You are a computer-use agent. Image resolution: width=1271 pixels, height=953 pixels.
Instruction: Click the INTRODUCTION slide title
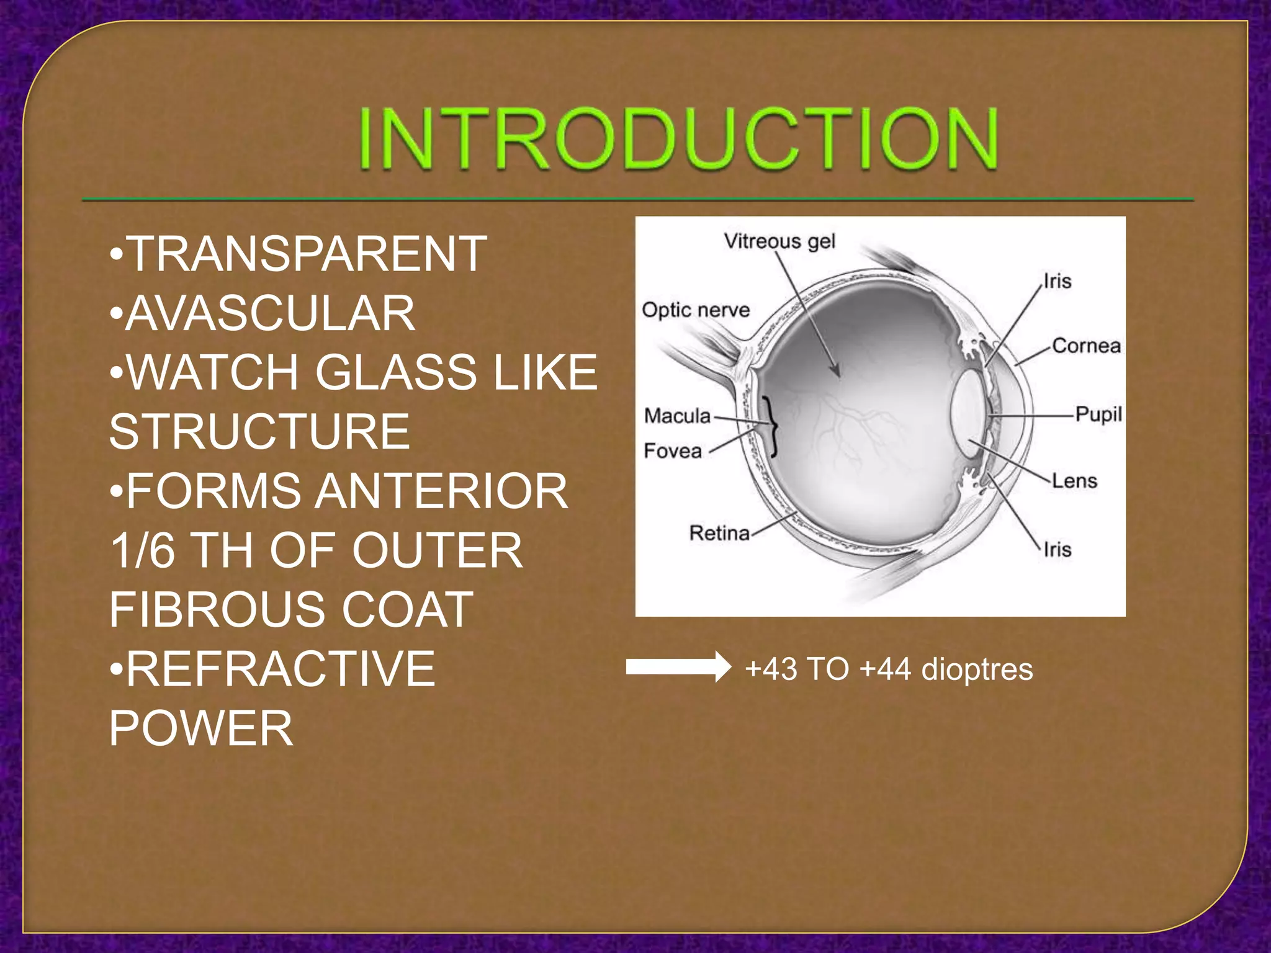[678, 139]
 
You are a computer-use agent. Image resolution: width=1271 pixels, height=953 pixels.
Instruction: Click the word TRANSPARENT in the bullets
[307, 254]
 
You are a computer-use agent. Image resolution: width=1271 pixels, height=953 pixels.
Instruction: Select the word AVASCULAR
[270, 313]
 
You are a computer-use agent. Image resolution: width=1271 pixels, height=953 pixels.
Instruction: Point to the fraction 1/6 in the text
[142, 550]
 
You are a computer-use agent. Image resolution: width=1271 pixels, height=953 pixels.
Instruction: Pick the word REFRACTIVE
[280, 669]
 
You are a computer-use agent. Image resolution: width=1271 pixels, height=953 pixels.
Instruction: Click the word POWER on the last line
[200, 728]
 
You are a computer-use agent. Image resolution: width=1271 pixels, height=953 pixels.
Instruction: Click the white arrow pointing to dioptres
[678, 667]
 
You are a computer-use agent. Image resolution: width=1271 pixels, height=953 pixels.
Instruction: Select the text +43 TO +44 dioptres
[888, 669]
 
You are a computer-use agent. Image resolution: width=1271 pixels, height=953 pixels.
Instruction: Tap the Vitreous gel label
[779, 241]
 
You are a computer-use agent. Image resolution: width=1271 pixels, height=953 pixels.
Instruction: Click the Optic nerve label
[695, 310]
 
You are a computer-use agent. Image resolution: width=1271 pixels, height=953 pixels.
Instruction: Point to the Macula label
[676, 415]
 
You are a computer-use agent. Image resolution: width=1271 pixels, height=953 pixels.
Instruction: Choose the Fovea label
[672, 450]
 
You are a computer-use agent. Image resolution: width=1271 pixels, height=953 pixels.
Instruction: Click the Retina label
[719, 532]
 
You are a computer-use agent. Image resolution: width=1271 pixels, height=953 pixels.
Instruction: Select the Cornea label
[1086, 346]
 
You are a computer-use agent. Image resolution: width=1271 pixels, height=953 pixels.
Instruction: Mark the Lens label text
[1074, 481]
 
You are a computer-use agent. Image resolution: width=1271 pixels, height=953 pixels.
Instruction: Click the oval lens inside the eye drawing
[969, 414]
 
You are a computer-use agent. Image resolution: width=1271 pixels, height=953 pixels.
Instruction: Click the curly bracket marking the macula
[771, 426]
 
